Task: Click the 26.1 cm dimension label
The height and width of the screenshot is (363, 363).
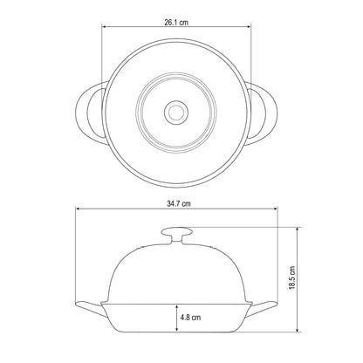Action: coord(176,23)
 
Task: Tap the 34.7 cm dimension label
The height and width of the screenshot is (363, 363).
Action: coord(179,203)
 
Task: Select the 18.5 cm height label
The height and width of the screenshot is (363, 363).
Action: coord(291,277)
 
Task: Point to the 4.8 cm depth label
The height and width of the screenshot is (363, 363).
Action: coord(190,317)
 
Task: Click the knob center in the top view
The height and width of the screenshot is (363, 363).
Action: coord(176,113)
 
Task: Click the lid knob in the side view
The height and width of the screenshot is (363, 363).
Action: coord(177,235)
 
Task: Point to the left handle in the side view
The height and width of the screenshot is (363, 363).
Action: coord(90,308)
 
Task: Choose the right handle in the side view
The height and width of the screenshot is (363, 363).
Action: coord(262,308)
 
